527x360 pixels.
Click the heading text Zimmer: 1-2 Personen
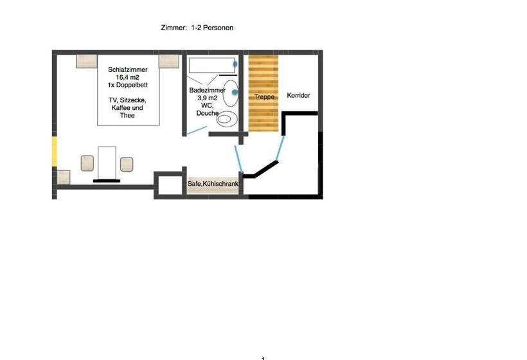pos(197,28)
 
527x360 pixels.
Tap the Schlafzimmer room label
pos(128,69)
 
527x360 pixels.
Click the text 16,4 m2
pos(128,77)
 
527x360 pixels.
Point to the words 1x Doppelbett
pos(128,85)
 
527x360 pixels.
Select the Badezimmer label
pos(208,91)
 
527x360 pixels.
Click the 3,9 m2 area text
pos(208,98)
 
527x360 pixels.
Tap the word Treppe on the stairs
pos(264,97)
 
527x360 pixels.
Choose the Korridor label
pos(298,95)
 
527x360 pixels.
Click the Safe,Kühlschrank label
pos(213,184)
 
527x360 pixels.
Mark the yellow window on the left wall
pos(54,151)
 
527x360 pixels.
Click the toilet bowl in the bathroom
pos(226,119)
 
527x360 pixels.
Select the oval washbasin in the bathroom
pos(231,93)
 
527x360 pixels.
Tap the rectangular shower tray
pos(211,65)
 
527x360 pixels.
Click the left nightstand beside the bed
pos(87,61)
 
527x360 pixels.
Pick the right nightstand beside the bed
pos(169,61)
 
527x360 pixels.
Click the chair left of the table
pos(87,163)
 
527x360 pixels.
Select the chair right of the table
pos(127,165)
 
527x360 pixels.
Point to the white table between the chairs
pos(107,163)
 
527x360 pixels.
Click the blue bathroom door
pos(197,130)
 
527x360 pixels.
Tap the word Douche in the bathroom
pos(208,113)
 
